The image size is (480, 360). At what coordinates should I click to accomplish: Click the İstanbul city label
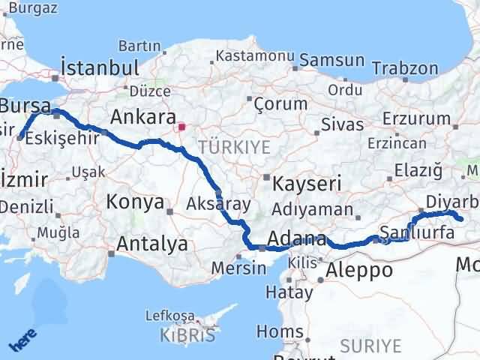click(100, 67)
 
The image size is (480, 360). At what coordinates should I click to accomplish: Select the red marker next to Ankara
click(181, 127)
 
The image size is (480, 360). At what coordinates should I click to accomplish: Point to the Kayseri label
click(307, 183)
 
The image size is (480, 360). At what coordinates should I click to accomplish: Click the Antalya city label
click(152, 244)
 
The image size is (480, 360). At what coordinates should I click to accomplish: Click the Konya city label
click(135, 202)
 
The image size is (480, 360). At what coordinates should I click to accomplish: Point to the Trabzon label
click(403, 68)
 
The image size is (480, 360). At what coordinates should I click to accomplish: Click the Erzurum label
click(409, 118)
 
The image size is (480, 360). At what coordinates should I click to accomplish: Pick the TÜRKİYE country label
click(234, 147)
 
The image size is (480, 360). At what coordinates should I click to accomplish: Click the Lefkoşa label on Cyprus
click(173, 316)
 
